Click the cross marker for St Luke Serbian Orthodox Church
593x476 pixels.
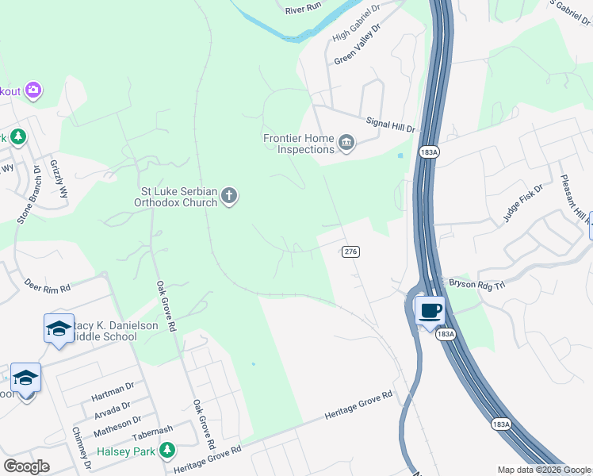[x=229, y=195]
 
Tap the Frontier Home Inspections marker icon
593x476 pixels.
[x=346, y=143]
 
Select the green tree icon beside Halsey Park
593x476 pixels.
[x=166, y=451]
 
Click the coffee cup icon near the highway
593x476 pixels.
[x=430, y=310]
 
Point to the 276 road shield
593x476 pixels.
[x=351, y=251]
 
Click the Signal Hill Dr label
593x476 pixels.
[x=391, y=124]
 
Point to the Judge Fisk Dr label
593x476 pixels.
[x=522, y=203]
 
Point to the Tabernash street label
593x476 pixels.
[x=152, y=431]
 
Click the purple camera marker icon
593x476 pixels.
[x=33, y=90]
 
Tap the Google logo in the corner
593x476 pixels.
[x=26, y=466]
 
